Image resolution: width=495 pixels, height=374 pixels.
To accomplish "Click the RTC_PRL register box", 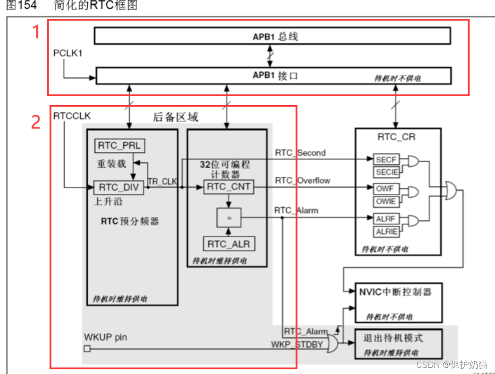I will click(x=119, y=146).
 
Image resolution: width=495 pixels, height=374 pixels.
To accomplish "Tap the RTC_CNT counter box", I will click(x=229, y=187).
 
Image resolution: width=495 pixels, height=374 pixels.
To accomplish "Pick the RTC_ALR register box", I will click(x=229, y=244).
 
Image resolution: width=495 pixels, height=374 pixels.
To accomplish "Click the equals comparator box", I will click(x=229, y=217).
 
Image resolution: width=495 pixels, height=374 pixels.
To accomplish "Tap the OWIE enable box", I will click(x=385, y=201).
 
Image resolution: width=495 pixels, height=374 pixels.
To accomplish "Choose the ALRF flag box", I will click(x=385, y=218).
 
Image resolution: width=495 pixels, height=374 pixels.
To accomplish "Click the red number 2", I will click(x=36, y=122).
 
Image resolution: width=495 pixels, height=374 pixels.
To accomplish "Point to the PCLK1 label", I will click(x=68, y=53).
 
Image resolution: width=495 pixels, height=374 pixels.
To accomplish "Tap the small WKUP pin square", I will click(x=86, y=349).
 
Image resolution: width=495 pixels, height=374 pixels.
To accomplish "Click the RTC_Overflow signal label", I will click(x=303, y=180).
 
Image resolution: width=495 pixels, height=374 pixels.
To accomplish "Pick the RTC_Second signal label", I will click(x=300, y=152).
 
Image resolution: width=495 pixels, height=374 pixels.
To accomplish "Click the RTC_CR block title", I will click(x=397, y=137).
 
